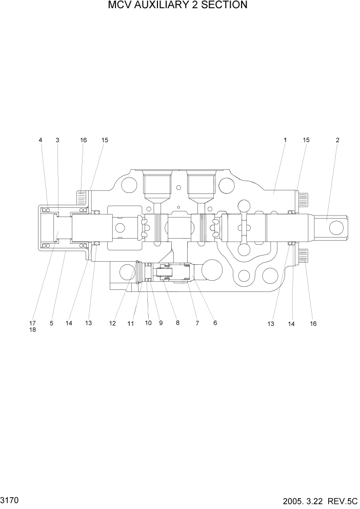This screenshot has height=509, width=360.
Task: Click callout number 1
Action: (x=285, y=140)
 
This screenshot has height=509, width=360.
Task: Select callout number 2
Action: (x=337, y=140)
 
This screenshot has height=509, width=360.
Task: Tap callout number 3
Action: (x=57, y=140)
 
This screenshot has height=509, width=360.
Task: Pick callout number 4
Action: (x=41, y=140)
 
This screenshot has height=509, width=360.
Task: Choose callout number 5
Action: (x=51, y=323)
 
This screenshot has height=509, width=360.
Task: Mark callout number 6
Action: (x=215, y=323)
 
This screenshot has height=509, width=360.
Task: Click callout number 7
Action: (x=197, y=323)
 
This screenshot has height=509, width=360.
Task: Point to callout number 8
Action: (x=177, y=323)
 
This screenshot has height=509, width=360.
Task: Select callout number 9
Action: (x=161, y=323)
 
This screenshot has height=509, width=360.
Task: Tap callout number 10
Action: (x=148, y=323)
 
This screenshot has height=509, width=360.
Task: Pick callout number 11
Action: (x=130, y=324)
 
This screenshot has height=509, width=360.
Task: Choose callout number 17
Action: (x=32, y=323)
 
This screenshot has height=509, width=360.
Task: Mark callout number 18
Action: (x=32, y=330)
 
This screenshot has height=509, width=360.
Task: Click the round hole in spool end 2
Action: (x=339, y=226)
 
